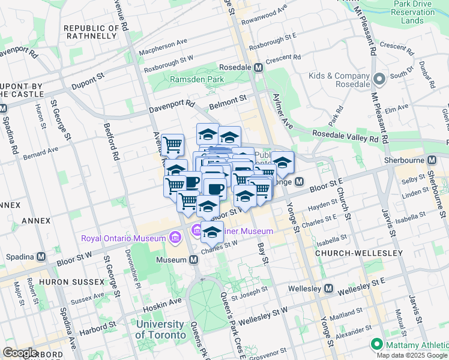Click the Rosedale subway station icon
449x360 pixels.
pyautogui.click(x=258, y=68)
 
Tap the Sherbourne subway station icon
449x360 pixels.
pyautogui.click(x=432, y=160)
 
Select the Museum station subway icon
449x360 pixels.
pyautogui.click(x=194, y=260)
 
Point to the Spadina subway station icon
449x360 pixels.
pyautogui.click(x=41, y=256)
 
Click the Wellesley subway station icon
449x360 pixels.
pyautogui.click(x=328, y=289)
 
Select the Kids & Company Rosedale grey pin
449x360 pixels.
pyautogui.click(x=379, y=79)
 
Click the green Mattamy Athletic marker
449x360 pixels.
pyautogui.click(x=377, y=344)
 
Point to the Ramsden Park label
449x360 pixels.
pyautogui.click(x=197, y=79)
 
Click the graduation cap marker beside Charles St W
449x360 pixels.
pyautogui.click(x=212, y=232)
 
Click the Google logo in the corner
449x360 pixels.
pyautogui.click(x=21, y=353)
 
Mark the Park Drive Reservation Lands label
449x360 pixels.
pyautogui.click(x=412, y=12)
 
